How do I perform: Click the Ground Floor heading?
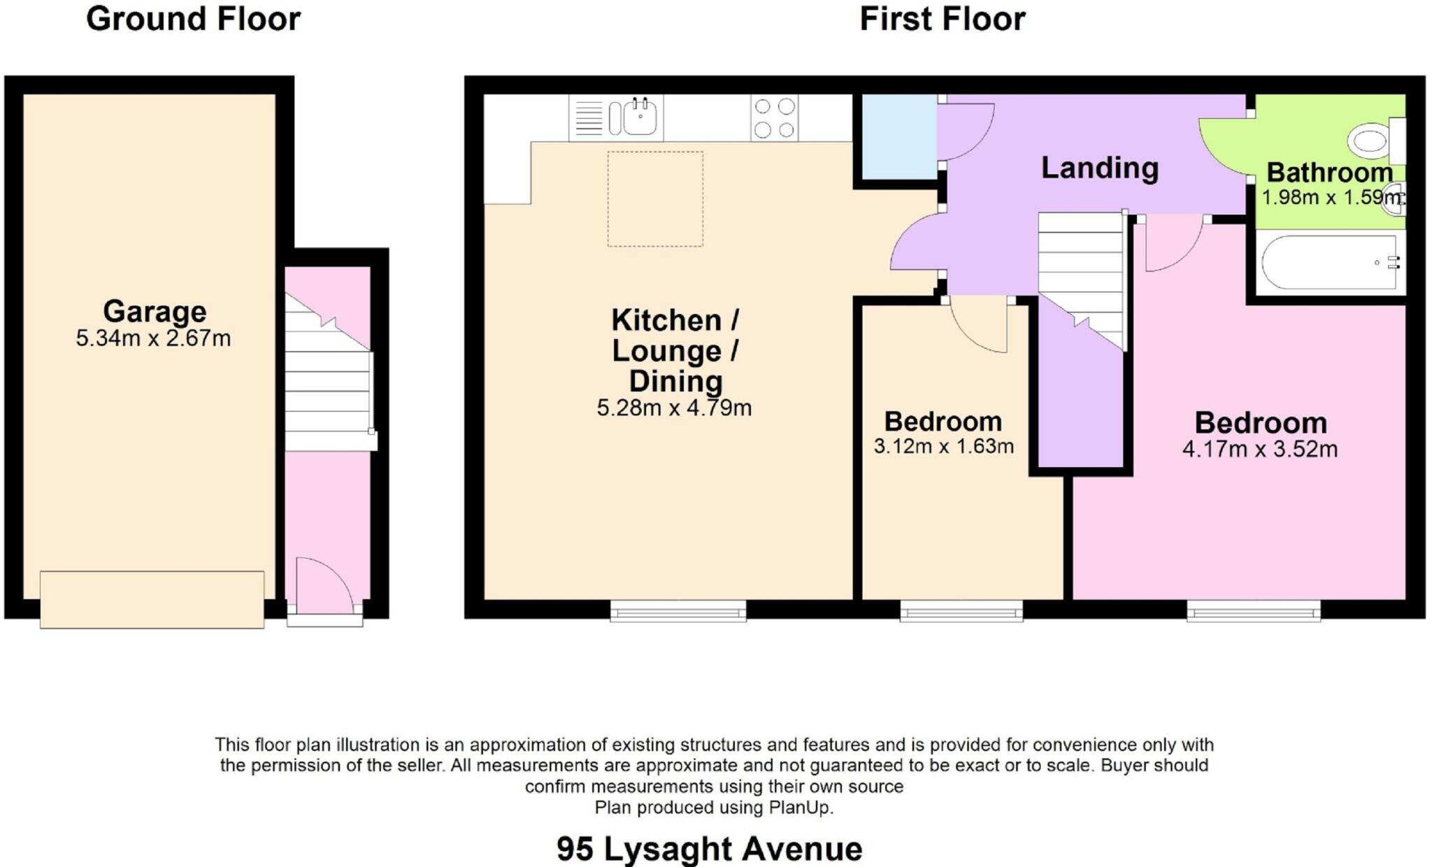pos(193,19)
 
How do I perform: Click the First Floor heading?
pos(942,19)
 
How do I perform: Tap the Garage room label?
pos(155,311)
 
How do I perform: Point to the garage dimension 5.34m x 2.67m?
pos(153,338)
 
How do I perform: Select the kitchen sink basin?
pos(639,118)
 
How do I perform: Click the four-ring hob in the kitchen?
pos(775,118)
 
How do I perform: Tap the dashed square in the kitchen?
pos(655,199)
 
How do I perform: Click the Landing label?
pos(1099,169)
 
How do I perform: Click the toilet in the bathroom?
pos(1371,141)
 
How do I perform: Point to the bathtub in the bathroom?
pos(1329,263)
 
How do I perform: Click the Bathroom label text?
pos(1329,173)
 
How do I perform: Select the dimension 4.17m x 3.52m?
pos(1260,449)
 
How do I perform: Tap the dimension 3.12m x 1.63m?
pos(943,446)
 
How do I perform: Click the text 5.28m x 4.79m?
pos(674,408)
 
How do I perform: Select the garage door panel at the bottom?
pos(152,599)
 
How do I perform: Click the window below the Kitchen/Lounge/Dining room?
pos(678,611)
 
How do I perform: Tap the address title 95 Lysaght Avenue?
pos(709,849)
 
